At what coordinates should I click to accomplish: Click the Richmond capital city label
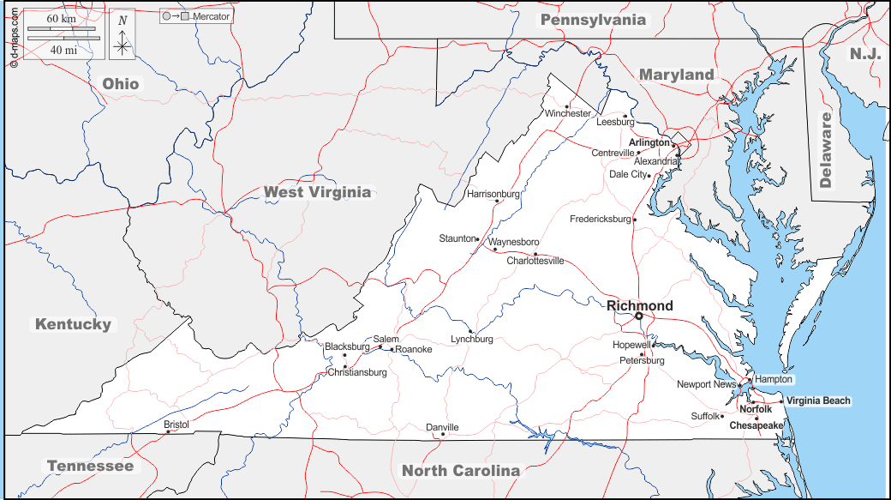point(640,305)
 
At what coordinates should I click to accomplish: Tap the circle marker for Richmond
point(638,316)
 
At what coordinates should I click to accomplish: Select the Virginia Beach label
point(819,401)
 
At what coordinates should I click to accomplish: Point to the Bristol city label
point(176,425)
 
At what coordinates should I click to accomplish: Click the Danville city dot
point(443,435)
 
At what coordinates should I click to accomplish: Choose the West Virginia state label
point(318,192)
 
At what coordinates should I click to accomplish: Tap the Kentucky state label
point(73,324)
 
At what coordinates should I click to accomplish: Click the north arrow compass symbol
point(123,36)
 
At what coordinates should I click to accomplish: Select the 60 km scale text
point(62,19)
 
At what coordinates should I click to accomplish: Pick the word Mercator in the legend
point(212,16)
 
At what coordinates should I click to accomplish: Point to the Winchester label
point(568,113)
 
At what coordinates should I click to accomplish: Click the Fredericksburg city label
point(600,220)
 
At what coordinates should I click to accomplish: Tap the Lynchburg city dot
point(470,331)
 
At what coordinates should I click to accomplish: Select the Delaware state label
point(826,150)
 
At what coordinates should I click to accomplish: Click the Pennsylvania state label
point(594,20)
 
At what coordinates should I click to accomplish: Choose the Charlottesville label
point(535,261)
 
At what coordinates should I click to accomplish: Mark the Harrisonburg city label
point(493,194)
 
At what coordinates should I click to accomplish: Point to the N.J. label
point(865,54)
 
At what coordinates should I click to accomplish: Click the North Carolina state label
point(461,470)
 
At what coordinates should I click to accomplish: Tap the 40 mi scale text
point(62,50)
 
